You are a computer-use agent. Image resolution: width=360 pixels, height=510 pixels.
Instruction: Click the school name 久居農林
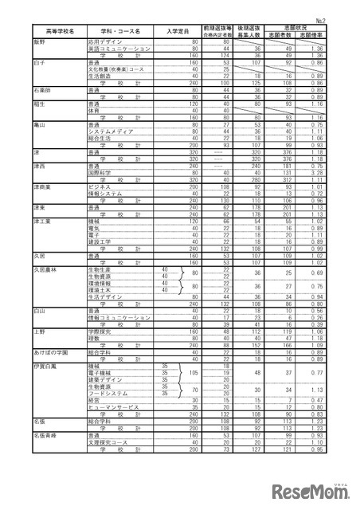coord(45,269)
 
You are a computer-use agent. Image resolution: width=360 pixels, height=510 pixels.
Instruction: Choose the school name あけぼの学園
coord(49,351)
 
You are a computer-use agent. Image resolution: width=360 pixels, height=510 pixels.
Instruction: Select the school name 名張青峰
coord(45,436)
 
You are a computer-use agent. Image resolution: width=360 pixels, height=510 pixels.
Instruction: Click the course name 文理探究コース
coord(108,442)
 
